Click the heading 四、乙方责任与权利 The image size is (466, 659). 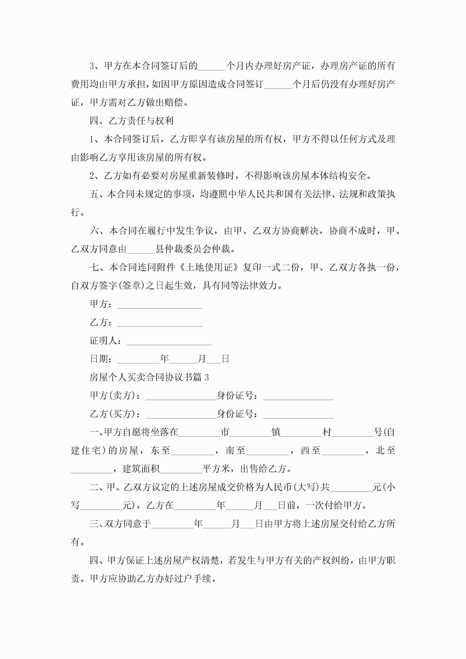132,121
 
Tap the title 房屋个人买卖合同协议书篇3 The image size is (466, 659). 149,377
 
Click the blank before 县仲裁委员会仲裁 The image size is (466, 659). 141,249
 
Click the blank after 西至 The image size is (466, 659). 343,451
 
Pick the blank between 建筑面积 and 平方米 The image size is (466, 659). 181,469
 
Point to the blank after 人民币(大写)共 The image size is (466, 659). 351,487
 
